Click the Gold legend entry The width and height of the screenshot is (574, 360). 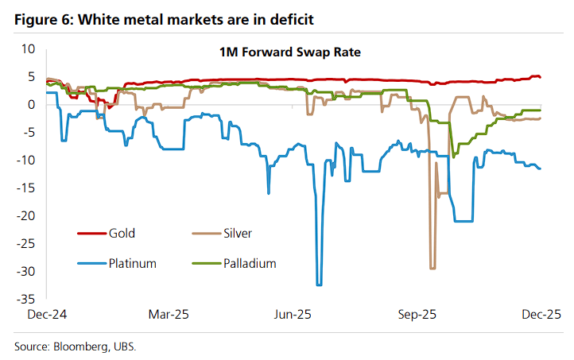[x=122, y=233]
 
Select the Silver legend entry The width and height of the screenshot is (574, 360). [x=239, y=233]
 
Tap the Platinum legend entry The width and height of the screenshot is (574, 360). [x=131, y=263]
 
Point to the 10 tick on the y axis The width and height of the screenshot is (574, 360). [x=29, y=48]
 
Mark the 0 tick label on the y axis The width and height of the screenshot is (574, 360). [x=33, y=104]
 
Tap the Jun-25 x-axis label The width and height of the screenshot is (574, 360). [x=292, y=314]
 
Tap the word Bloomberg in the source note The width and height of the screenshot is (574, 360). [x=86, y=346]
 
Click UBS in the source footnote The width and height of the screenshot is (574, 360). [x=133, y=346]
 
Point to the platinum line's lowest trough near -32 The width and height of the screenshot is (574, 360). [x=320, y=284]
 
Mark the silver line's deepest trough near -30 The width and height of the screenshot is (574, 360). [x=432, y=268]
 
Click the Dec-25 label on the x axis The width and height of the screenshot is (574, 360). [x=541, y=314]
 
